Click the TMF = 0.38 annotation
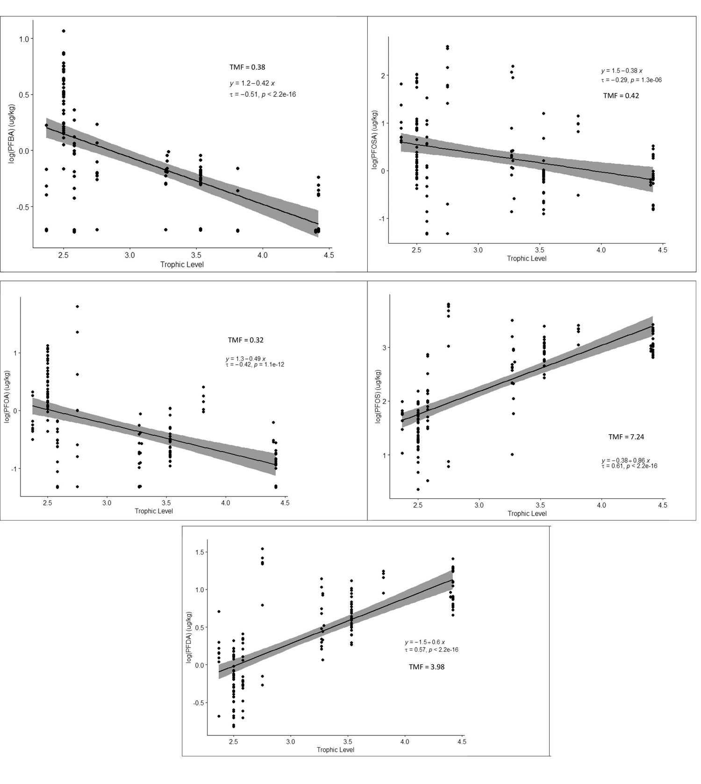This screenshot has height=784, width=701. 247,67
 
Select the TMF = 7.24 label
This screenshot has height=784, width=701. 626,437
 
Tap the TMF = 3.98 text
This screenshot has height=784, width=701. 426,667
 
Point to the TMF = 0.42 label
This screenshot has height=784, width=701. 621,96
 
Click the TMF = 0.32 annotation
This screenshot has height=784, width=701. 245,340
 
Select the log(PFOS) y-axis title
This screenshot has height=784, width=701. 378,396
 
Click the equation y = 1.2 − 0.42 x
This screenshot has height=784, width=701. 252,84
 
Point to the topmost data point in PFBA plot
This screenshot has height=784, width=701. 64,31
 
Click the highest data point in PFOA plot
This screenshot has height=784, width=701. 78,307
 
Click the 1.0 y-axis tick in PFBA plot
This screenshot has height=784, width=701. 24,39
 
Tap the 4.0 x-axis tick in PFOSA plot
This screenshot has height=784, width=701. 601,250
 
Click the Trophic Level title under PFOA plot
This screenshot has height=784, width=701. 154,511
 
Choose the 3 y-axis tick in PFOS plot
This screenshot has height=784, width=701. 386,348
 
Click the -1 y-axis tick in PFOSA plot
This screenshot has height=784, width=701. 382,219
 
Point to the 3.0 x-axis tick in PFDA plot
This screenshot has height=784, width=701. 290,742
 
